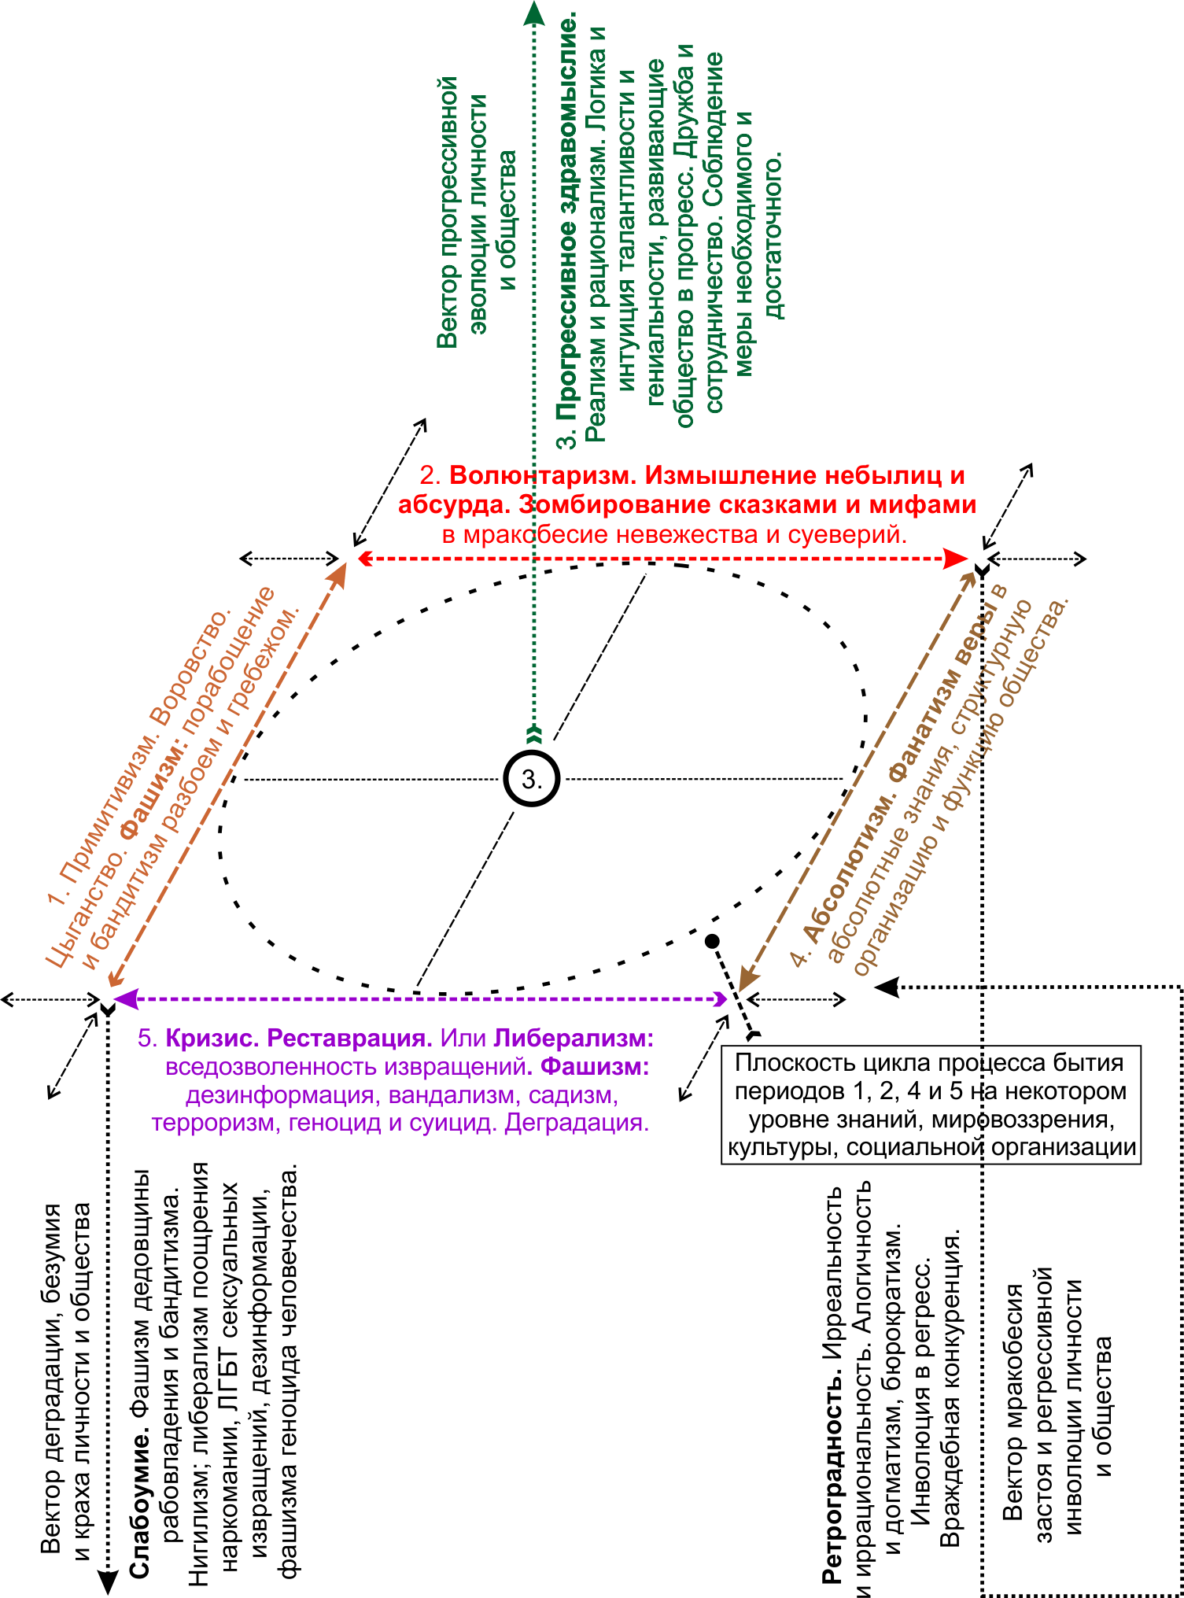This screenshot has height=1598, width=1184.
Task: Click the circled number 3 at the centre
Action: [x=532, y=779]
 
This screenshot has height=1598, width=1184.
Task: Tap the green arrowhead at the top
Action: [x=534, y=13]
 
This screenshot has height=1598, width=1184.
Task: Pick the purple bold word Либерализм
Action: [x=574, y=1039]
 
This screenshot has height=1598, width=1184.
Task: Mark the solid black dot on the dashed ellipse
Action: [x=712, y=941]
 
